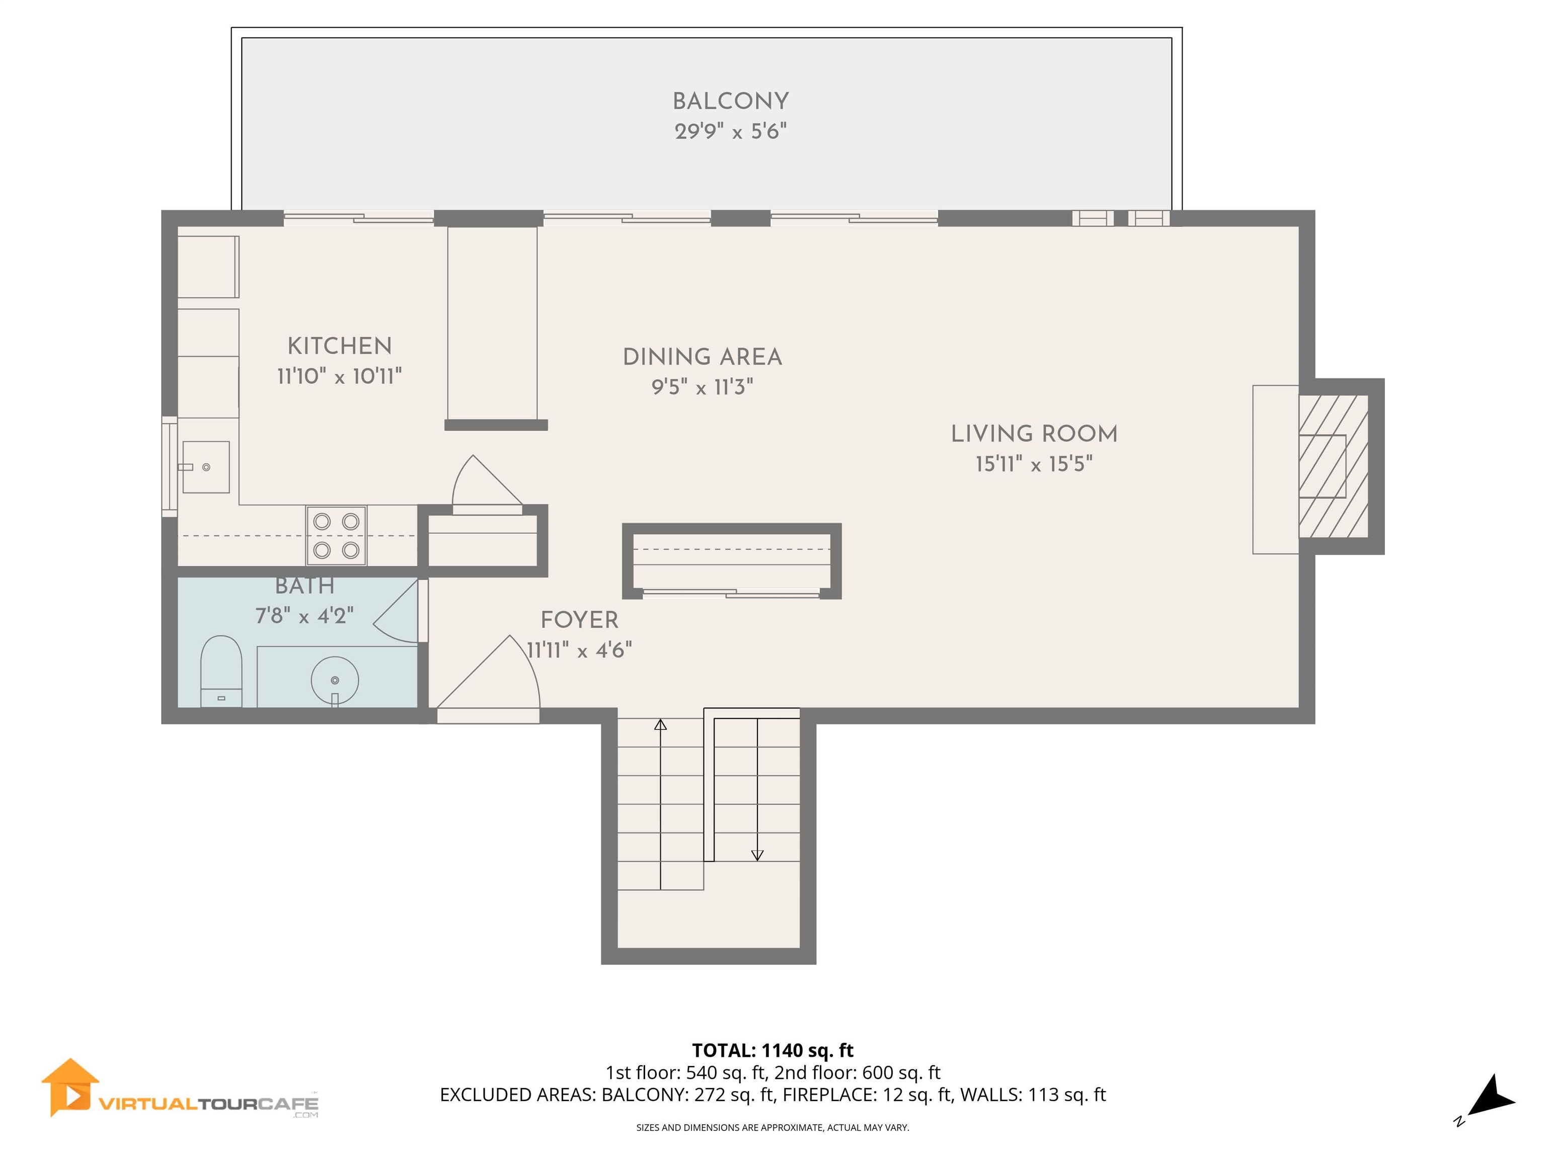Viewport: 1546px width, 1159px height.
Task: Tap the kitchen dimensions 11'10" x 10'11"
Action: pyautogui.click(x=339, y=377)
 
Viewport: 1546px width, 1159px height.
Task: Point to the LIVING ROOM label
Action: pyautogui.click(x=1034, y=434)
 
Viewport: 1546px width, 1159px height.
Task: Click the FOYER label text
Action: pyautogui.click(x=579, y=620)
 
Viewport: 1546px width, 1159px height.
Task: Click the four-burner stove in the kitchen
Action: pyautogui.click(x=336, y=536)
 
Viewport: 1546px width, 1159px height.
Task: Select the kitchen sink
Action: pyautogui.click(x=206, y=467)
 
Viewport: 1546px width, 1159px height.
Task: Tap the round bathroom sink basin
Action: pyautogui.click(x=335, y=680)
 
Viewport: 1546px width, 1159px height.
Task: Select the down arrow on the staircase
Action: pyautogui.click(x=757, y=854)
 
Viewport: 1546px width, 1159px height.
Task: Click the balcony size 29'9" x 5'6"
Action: pyautogui.click(x=730, y=131)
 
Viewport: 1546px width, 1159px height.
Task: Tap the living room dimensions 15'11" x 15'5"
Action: pyautogui.click(x=1034, y=464)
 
